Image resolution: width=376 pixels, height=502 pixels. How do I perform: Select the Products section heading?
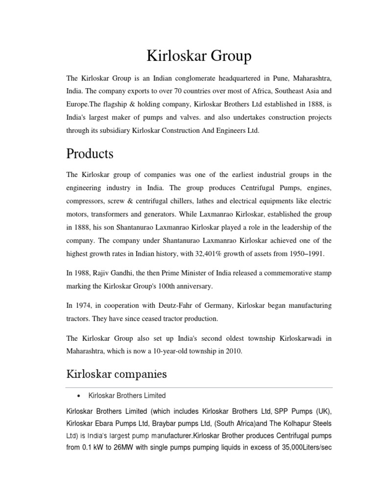coord(90,153)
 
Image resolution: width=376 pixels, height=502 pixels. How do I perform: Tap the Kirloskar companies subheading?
coord(117,374)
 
